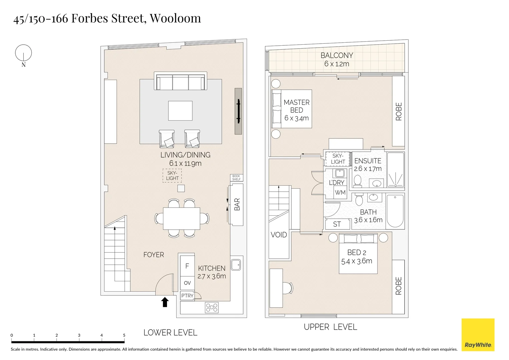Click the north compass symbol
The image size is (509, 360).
point(23,53)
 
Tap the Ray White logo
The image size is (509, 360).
point(478,335)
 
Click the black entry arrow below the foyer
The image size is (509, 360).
point(165,302)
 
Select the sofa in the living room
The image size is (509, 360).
point(180,81)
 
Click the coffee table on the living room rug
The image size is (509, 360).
point(180,111)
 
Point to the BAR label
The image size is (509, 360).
point(237,204)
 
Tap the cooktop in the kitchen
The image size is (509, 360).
point(212,307)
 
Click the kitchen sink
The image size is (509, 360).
point(236,265)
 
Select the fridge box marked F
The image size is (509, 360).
point(187,266)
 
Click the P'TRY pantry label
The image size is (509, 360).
point(187,296)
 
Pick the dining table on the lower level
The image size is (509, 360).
point(182,218)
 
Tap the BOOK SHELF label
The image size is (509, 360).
point(236,178)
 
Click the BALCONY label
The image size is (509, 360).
point(337,56)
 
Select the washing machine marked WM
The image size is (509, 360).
point(340,193)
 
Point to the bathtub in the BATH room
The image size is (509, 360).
point(395,211)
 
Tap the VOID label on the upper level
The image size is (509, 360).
point(279,235)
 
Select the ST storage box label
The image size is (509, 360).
point(337,224)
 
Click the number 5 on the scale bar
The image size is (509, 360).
point(124,335)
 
